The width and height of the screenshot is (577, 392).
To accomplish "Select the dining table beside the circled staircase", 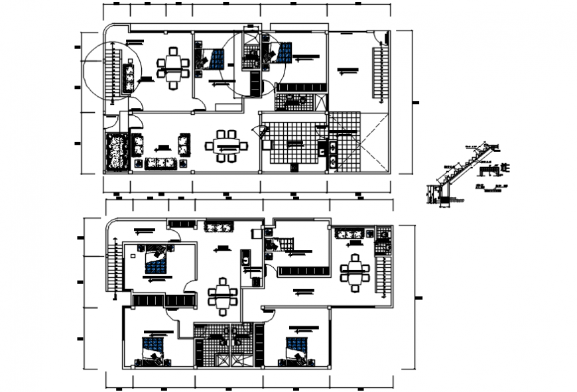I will tap(173, 66).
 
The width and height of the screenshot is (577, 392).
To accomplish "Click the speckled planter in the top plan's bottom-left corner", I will tap(117, 152).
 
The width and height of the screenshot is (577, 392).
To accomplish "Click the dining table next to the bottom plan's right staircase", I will tap(355, 271).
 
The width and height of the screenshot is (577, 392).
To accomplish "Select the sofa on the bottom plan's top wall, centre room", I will tap(217, 228).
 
